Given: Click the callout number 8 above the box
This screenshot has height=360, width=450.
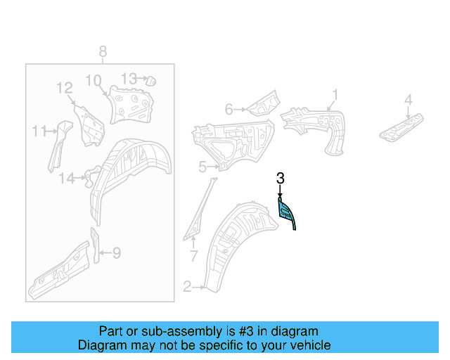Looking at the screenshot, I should click(x=103, y=51).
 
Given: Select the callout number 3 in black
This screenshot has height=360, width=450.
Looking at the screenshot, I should click(x=280, y=179).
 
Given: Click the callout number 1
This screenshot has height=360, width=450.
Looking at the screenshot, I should click(x=335, y=94).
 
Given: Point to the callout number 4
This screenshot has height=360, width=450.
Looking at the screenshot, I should click(x=408, y=101).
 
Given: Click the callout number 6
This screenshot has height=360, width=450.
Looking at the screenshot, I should click(x=229, y=109).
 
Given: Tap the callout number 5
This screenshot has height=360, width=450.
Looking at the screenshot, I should click(x=202, y=167).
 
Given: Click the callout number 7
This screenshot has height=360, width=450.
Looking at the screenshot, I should click(x=194, y=255).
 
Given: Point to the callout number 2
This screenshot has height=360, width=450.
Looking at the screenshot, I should click(x=187, y=286).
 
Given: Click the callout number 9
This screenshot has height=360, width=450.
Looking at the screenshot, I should click(x=117, y=252).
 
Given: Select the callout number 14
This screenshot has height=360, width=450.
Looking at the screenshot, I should click(x=66, y=179).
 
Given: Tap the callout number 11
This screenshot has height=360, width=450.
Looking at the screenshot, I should click(x=38, y=130).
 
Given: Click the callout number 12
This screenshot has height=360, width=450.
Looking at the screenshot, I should click(x=65, y=88).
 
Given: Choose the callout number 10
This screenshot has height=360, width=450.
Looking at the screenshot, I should click(x=94, y=80).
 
